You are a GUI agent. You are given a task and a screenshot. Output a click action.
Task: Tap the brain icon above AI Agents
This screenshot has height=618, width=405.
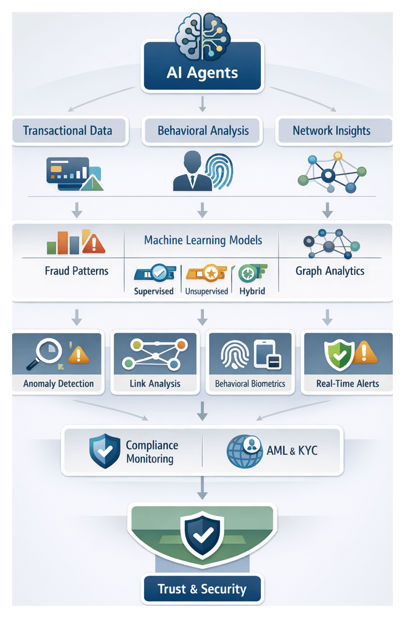click(202, 34)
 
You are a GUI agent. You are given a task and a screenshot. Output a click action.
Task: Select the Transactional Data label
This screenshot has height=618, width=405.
click(67, 131)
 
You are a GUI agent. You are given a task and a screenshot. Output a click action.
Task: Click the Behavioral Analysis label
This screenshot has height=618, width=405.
click(202, 131)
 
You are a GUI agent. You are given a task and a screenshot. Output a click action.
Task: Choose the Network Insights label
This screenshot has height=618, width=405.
click(331, 131)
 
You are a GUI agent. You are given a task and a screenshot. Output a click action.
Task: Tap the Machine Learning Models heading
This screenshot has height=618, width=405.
click(203, 240)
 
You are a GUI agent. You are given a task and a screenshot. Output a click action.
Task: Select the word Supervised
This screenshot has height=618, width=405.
click(154, 291)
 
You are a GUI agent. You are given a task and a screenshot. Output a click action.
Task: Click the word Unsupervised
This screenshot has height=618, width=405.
click(206, 291)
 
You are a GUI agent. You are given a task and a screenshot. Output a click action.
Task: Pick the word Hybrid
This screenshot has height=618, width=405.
click(252, 291)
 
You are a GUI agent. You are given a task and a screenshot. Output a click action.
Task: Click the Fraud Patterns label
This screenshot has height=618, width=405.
click(77, 270)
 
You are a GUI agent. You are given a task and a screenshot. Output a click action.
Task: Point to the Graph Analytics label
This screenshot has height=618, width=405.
click(330, 270)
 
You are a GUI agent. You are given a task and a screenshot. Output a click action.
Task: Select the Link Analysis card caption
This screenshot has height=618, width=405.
click(155, 383)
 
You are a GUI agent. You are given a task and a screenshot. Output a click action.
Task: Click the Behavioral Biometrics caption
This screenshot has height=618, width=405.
click(251, 383)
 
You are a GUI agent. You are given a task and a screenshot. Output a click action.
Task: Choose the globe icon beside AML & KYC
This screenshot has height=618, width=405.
click(244, 451)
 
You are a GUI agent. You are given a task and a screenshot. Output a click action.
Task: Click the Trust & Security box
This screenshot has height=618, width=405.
click(202, 589)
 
